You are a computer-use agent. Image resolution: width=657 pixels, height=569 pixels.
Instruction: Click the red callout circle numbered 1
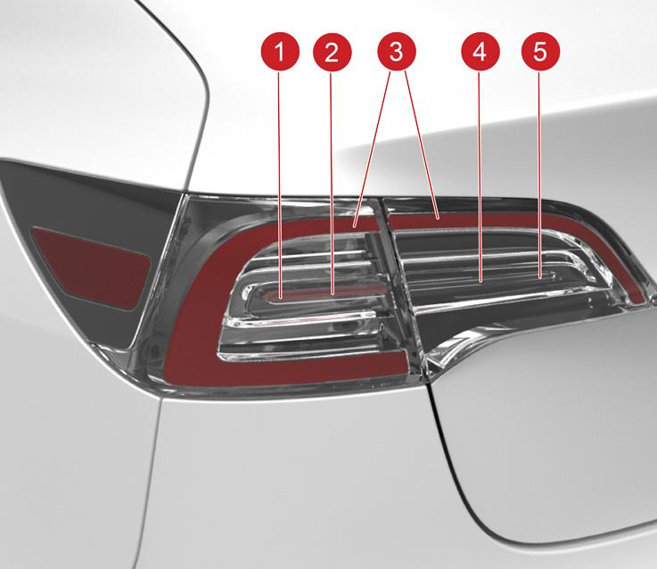pos(280,53)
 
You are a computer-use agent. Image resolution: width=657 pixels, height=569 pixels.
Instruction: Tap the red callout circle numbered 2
pos(332,53)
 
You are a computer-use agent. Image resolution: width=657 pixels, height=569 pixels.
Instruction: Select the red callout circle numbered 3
pos(397,53)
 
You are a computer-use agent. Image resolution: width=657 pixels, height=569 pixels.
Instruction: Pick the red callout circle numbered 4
pos(480,53)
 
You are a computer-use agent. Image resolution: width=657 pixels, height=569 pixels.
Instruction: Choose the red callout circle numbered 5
pos(540,53)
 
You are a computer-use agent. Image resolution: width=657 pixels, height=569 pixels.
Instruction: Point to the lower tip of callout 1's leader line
pos(280,298)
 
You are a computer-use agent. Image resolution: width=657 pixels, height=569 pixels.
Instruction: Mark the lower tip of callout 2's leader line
pos(333,295)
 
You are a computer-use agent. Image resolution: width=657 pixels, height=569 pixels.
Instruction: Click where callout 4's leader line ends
pos(480,281)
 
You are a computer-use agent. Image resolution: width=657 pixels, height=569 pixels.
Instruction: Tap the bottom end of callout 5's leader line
pos(540,277)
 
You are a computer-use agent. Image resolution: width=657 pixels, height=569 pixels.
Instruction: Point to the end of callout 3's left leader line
pos(355,227)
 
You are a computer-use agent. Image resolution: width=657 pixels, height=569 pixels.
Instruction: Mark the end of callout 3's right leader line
pos(439,219)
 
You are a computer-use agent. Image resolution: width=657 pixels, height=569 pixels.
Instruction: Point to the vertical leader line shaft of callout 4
pos(480,177)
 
